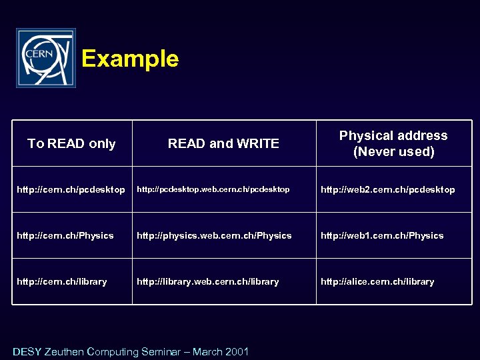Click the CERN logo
click(x=46, y=58)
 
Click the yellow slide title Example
click(x=130, y=59)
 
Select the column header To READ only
click(x=71, y=143)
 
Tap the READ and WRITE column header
click(x=223, y=143)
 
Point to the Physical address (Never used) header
click(x=393, y=143)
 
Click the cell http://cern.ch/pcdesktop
click(x=71, y=190)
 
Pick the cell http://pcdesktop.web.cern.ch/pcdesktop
click(x=213, y=190)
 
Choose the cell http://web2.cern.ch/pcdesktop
click(x=388, y=190)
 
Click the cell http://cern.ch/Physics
click(x=65, y=235)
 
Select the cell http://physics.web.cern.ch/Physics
click(x=214, y=235)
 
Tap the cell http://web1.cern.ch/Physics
click(x=382, y=235)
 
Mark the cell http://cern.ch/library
click(x=62, y=281)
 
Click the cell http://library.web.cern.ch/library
click(x=208, y=281)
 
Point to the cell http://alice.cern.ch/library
click(x=377, y=281)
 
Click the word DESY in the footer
click(x=27, y=351)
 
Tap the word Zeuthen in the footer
click(x=65, y=351)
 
